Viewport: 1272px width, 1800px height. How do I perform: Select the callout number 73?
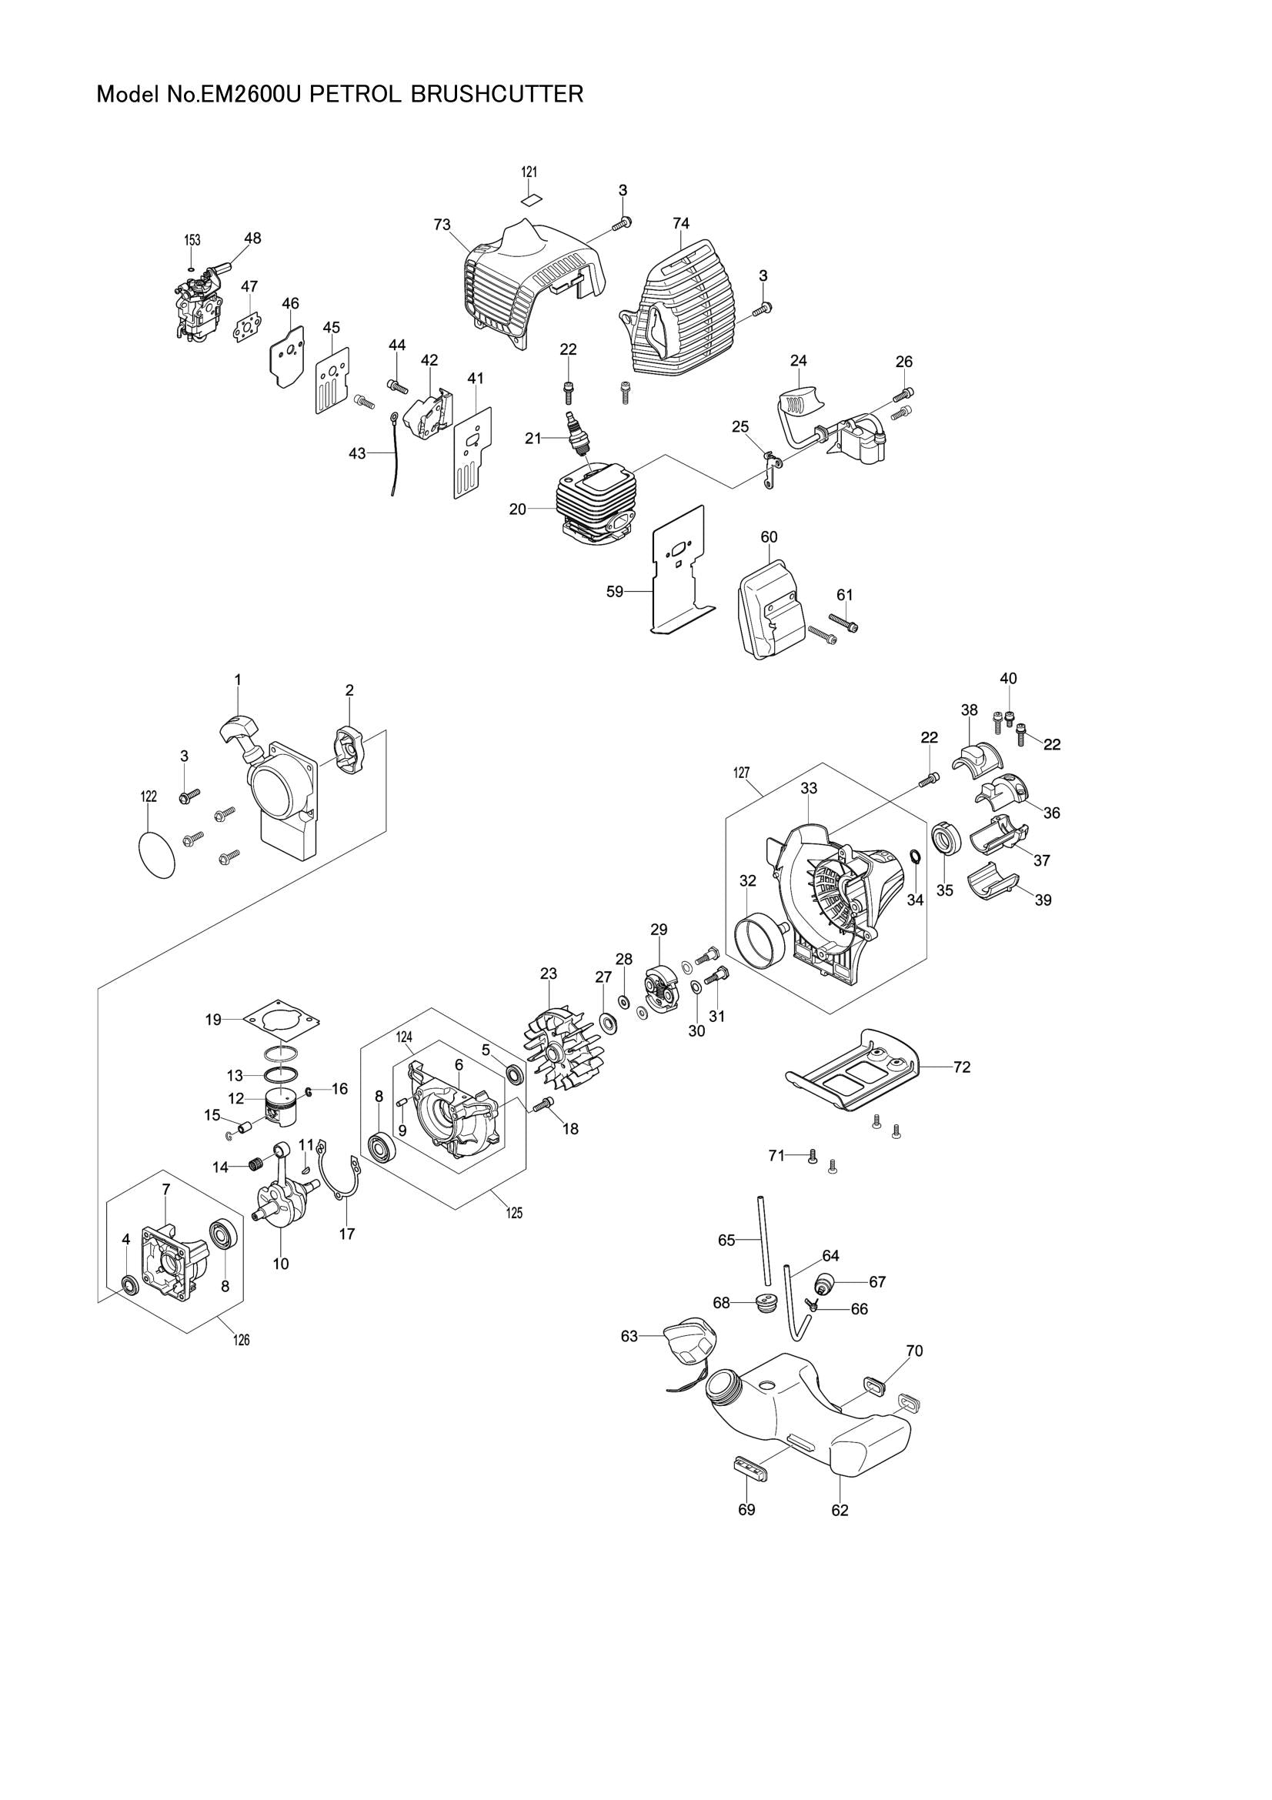click(442, 225)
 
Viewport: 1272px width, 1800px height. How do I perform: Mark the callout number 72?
click(962, 1067)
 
